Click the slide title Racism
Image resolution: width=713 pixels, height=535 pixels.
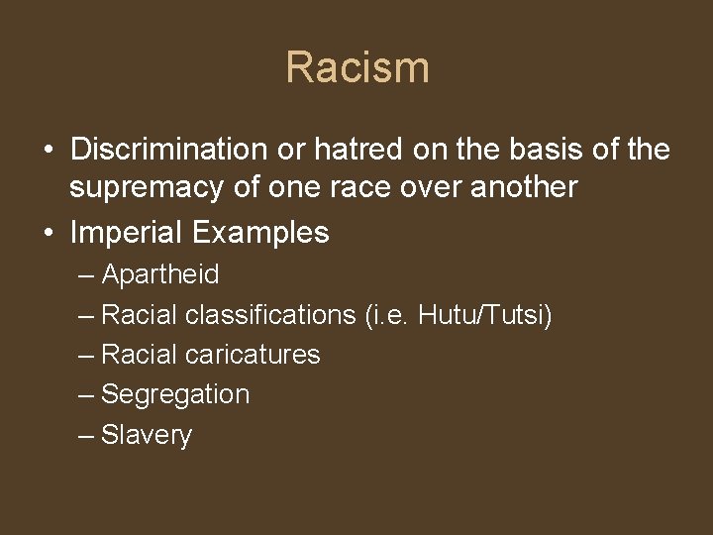356,68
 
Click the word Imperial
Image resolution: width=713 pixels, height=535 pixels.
127,233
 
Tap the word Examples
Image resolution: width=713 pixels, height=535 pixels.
260,233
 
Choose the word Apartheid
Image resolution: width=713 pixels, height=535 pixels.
160,274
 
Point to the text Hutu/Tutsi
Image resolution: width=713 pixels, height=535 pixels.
485,315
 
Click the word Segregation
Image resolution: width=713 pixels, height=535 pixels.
175,394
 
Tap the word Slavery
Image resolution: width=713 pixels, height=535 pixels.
147,435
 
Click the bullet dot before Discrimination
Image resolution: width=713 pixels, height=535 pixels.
48,151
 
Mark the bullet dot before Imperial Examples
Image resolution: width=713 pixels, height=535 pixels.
48,234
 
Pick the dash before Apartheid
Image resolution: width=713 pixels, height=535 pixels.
86,274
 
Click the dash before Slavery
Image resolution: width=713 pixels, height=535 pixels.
86,435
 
